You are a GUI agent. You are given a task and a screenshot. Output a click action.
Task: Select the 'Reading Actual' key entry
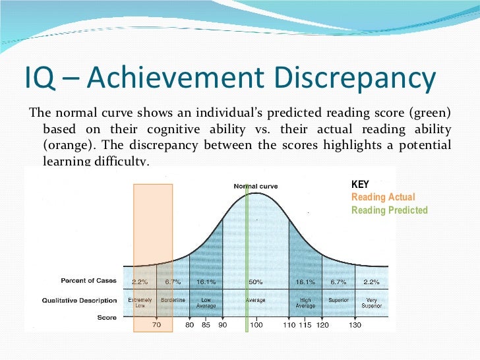[x=383, y=197]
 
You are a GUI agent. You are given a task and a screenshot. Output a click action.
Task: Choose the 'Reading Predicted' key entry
[x=389, y=210]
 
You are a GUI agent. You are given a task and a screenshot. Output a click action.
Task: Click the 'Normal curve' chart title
[x=256, y=186]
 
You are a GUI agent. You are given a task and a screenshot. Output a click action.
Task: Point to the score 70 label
[x=156, y=325]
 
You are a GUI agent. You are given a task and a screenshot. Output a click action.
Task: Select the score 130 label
[x=355, y=325]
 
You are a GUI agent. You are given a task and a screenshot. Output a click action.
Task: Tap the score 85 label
[x=205, y=325]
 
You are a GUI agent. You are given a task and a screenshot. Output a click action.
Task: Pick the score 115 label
[x=305, y=325]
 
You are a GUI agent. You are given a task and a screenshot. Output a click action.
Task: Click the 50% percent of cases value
[x=256, y=282]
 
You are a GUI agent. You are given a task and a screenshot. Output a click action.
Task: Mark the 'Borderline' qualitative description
[x=173, y=300]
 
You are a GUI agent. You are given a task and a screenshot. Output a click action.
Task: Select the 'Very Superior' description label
[x=371, y=303]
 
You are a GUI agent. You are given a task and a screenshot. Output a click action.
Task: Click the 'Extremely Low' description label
[x=140, y=303]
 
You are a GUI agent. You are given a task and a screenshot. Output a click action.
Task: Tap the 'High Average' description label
[x=305, y=303]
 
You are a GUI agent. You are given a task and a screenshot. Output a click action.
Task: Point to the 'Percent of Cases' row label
[x=88, y=281]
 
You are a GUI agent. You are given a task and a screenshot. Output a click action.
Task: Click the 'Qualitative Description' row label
[x=79, y=300]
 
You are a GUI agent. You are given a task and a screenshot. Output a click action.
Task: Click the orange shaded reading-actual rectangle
[x=153, y=231]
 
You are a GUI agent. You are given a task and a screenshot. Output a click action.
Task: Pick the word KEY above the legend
[x=360, y=185]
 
